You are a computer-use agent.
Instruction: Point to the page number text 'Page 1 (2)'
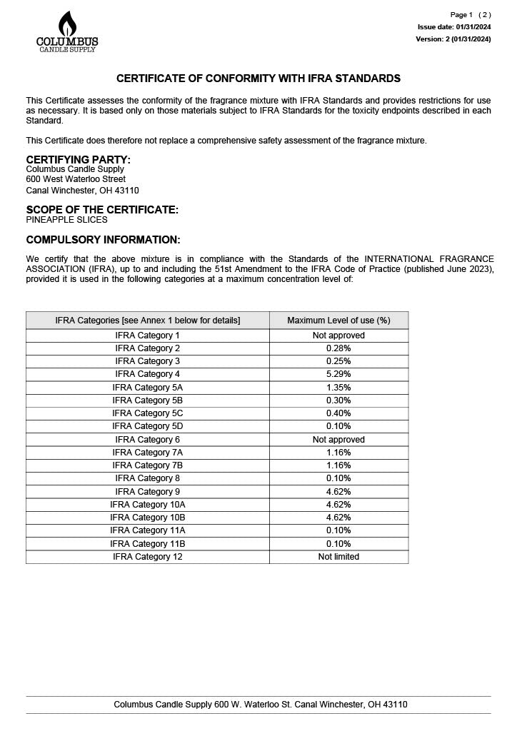[x=470, y=15]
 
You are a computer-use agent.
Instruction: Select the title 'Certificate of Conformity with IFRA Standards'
[x=258, y=79]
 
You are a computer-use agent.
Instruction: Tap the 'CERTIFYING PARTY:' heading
[x=79, y=159]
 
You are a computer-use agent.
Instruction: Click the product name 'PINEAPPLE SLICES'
[x=66, y=220]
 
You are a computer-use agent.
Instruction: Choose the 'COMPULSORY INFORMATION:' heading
[x=103, y=240]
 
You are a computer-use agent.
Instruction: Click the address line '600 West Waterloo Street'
[x=76, y=179]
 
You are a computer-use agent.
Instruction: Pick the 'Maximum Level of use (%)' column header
[x=338, y=321]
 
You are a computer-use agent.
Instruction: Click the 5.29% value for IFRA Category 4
[x=338, y=374]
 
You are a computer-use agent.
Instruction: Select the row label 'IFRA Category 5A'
[x=148, y=387]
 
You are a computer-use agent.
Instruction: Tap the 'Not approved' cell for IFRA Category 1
[x=338, y=336]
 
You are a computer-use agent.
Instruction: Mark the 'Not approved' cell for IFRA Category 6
[x=338, y=440]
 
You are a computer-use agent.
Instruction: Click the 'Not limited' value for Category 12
[x=338, y=557]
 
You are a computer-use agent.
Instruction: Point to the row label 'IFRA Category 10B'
[x=148, y=518]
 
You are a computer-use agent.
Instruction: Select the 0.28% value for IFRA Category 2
[x=338, y=348]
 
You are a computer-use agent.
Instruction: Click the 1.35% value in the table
[x=338, y=387]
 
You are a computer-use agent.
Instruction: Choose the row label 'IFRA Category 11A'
[x=148, y=530]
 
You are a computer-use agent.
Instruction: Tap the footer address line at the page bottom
[x=261, y=705]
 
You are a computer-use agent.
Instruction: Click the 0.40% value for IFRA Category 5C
[x=338, y=413]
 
